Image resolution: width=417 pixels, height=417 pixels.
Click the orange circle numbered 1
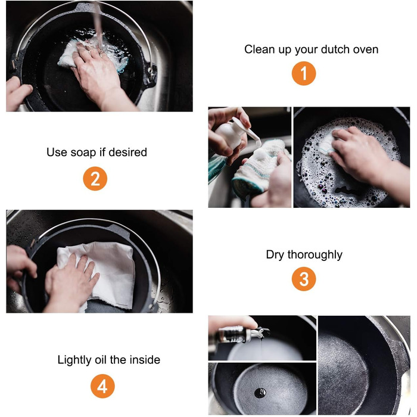tap(304, 73)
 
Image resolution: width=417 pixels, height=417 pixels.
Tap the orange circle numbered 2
tap(95, 179)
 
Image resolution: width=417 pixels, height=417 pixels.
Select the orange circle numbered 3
tap(304, 279)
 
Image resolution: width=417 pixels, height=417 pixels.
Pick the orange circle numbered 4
tap(102, 386)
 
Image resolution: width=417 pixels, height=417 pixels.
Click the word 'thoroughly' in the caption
tap(315, 255)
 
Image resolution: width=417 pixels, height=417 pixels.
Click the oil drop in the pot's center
tap(260, 393)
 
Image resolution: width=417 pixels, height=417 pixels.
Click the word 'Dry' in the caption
tap(275, 255)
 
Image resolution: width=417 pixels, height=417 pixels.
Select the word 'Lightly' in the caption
tap(74, 360)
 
